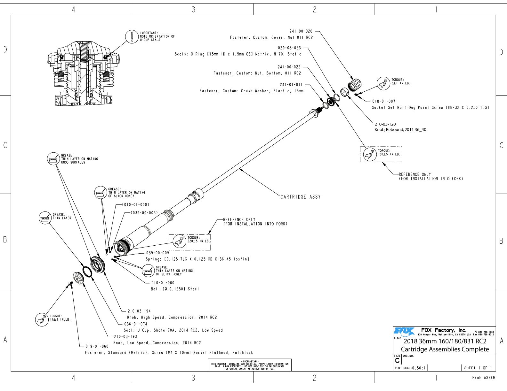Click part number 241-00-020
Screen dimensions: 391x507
tap(301, 31)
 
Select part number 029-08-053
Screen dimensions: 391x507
tap(289, 48)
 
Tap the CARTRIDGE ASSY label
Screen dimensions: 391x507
tap(300, 197)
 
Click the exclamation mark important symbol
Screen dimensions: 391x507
tap(131, 36)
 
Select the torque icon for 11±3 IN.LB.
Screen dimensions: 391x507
tap(41, 319)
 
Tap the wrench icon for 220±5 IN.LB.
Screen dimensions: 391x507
tap(179, 241)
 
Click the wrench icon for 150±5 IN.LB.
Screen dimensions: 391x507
tap(370, 154)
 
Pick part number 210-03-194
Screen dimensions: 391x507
tap(139, 311)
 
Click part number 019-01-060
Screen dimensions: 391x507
tap(97, 346)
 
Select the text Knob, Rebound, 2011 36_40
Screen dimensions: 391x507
tap(400, 130)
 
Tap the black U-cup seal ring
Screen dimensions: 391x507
tap(87, 272)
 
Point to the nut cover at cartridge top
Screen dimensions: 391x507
tap(354, 85)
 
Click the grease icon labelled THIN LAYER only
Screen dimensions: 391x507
tap(44, 218)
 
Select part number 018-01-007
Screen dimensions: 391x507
tap(383, 101)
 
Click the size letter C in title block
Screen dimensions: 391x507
tap(397, 361)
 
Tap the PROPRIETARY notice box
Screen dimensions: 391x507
tap(249, 365)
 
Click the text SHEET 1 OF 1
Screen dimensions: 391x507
tap(478, 368)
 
